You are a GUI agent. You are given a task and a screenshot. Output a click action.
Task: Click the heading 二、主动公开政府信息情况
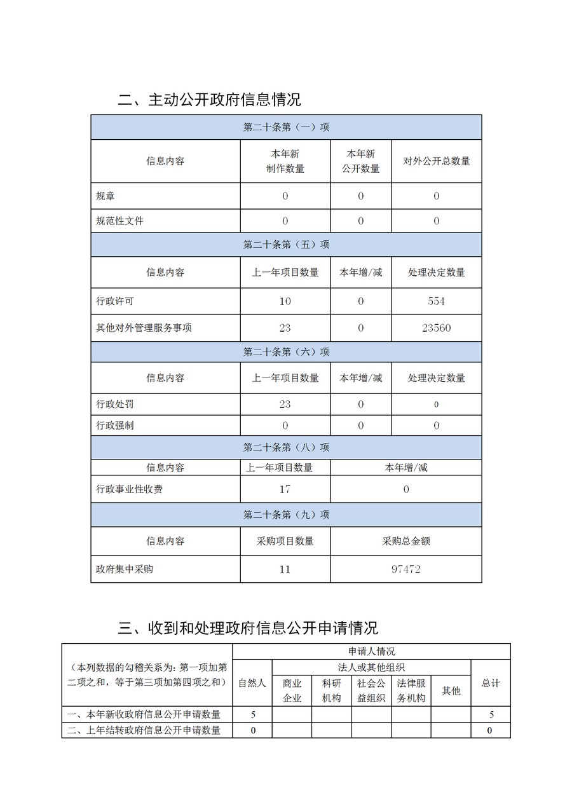209,100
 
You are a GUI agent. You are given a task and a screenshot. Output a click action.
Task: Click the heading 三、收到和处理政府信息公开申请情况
248,628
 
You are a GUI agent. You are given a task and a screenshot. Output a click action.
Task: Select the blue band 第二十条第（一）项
286,127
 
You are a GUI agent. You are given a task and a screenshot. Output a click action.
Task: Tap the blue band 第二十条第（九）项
286,515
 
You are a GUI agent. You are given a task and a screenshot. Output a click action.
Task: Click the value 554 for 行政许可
436,301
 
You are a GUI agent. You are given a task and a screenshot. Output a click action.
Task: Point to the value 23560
436,328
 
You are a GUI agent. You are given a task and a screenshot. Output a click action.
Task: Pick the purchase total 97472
405,569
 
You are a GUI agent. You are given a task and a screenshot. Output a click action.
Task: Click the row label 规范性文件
119,221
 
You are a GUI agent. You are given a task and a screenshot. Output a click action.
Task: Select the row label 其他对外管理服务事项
144,328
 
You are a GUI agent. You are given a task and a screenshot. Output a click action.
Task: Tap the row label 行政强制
115,425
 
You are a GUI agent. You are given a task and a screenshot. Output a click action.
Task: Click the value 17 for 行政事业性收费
285,489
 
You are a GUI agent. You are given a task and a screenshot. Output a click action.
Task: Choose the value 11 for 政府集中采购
285,569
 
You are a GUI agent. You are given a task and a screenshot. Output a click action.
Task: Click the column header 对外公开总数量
436,161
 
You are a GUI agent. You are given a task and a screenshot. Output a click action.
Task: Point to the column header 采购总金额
405,541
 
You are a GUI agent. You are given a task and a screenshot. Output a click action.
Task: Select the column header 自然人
252,683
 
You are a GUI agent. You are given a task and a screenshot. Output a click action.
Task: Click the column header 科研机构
331,690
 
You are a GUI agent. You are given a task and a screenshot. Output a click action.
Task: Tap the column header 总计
490,683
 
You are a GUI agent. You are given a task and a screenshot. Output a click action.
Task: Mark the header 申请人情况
371,651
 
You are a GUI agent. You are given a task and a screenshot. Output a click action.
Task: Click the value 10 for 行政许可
285,301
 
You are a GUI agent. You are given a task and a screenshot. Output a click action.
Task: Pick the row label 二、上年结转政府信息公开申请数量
147,730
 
